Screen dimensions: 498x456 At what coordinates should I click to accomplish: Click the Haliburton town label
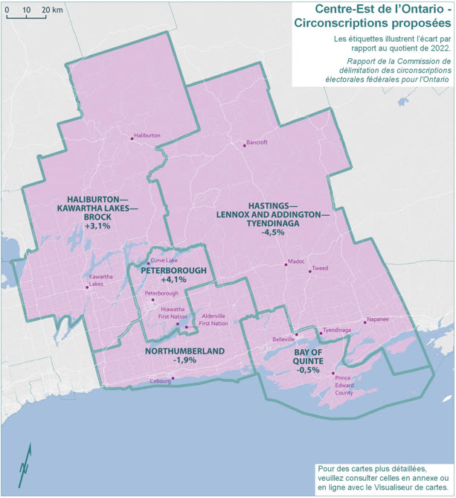[147, 135]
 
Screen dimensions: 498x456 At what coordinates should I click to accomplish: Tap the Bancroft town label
[256, 141]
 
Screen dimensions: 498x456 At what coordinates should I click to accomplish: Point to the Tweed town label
[320, 267]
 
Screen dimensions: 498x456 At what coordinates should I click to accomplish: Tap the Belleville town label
[284, 339]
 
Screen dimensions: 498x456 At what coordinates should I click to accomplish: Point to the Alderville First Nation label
[214, 319]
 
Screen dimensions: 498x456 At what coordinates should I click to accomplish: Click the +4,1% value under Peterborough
[173, 280]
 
